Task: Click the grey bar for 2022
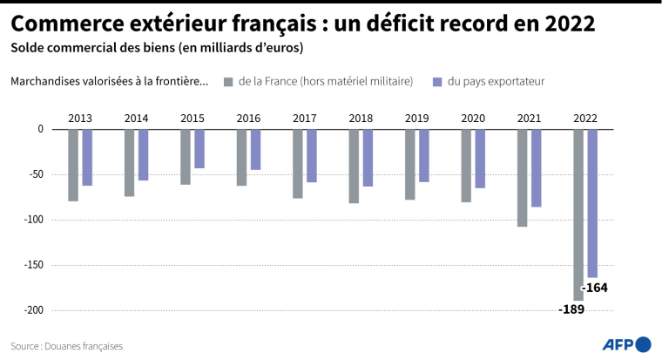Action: (578, 214)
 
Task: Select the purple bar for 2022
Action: (592, 203)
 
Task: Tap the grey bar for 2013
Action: (73, 165)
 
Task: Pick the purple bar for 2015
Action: (199, 148)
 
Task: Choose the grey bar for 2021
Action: (523, 178)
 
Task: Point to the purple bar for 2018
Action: (368, 158)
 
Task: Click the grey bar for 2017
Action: (298, 164)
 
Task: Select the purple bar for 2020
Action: (480, 159)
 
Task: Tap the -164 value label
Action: (596, 288)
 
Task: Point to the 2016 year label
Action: (248, 118)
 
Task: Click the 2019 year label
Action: (417, 118)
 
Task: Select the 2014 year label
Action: (136, 118)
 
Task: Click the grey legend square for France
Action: (229, 82)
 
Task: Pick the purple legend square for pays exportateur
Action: (438, 82)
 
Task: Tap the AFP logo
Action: (625, 343)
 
